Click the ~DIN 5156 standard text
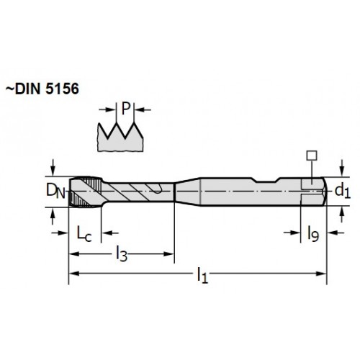(x=42, y=89)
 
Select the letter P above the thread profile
(x=125, y=109)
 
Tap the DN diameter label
(x=55, y=191)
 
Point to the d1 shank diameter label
(x=343, y=192)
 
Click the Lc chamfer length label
(x=84, y=233)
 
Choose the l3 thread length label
(x=122, y=254)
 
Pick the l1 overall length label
(x=202, y=276)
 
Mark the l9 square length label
(x=313, y=233)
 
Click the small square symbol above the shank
(x=312, y=156)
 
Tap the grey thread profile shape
(x=120, y=138)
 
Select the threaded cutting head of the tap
(x=86, y=192)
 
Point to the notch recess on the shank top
(x=266, y=180)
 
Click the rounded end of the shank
(x=324, y=192)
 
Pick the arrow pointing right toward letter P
(x=107, y=109)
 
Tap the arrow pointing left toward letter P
(x=143, y=110)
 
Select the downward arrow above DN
(x=53, y=168)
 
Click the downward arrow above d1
(x=343, y=168)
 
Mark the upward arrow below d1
(x=343, y=215)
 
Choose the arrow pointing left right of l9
(x=336, y=233)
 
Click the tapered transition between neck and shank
(x=188, y=192)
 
